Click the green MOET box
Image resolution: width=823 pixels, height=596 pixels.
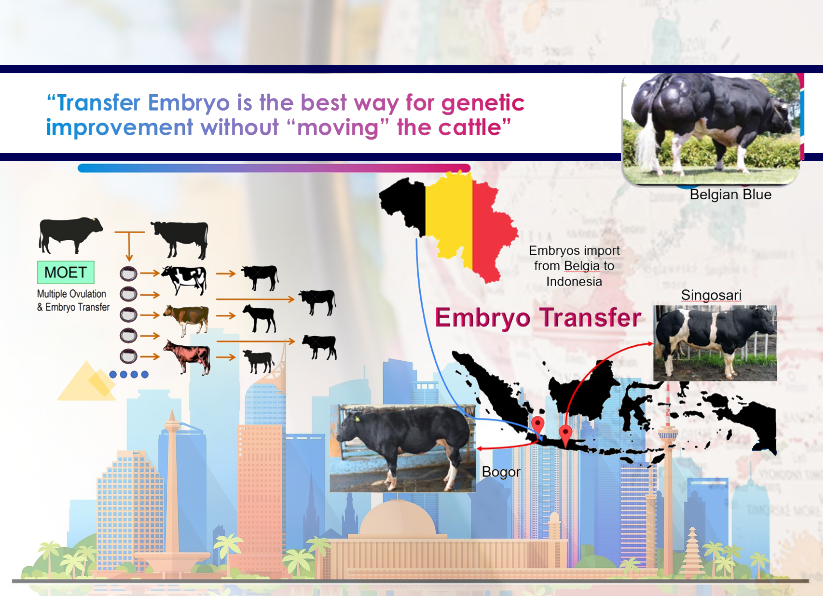click(66, 272)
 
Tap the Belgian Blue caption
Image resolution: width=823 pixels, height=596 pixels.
click(731, 194)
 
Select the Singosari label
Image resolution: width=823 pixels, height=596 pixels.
click(711, 295)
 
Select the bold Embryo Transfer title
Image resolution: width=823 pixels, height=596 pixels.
click(538, 318)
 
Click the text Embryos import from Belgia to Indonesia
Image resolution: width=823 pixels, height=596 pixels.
click(574, 266)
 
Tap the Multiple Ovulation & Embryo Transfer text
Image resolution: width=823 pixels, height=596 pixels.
click(73, 300)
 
